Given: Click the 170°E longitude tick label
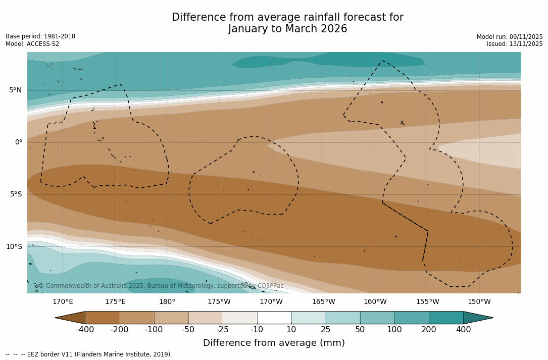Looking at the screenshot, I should pyautogui.click(x=63, y=302).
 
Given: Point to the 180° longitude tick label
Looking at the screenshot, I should pyautogui.click(x=167, y=302).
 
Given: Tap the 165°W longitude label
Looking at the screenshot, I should pyautogui.click(x=323, y=302).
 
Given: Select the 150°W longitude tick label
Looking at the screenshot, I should pyautogui.click(x=479, y=302).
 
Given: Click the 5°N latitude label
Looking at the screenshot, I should pyautogui.click(x=15, y=90).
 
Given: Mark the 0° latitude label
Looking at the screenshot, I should pyautogui.click(x=18, y=142).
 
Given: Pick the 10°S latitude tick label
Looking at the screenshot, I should pyautogui.click(x=14, y=247).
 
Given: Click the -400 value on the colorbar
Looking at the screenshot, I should pyautogui.click(x=85, y=330).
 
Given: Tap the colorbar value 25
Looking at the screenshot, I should pyautogui.click(x=326, y=330).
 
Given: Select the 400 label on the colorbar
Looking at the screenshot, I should pyautogui.click(x=463, y=330).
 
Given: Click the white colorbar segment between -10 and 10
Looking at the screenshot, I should pyautogui.click(x=274, y=318).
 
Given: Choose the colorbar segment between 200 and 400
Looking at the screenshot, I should pyautogui.click(x=446, y=318).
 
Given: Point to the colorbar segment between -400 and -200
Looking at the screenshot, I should pyautogui.click(x=103, y=318).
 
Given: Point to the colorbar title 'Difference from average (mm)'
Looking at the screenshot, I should pyautogui.click(x=274, y=343).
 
